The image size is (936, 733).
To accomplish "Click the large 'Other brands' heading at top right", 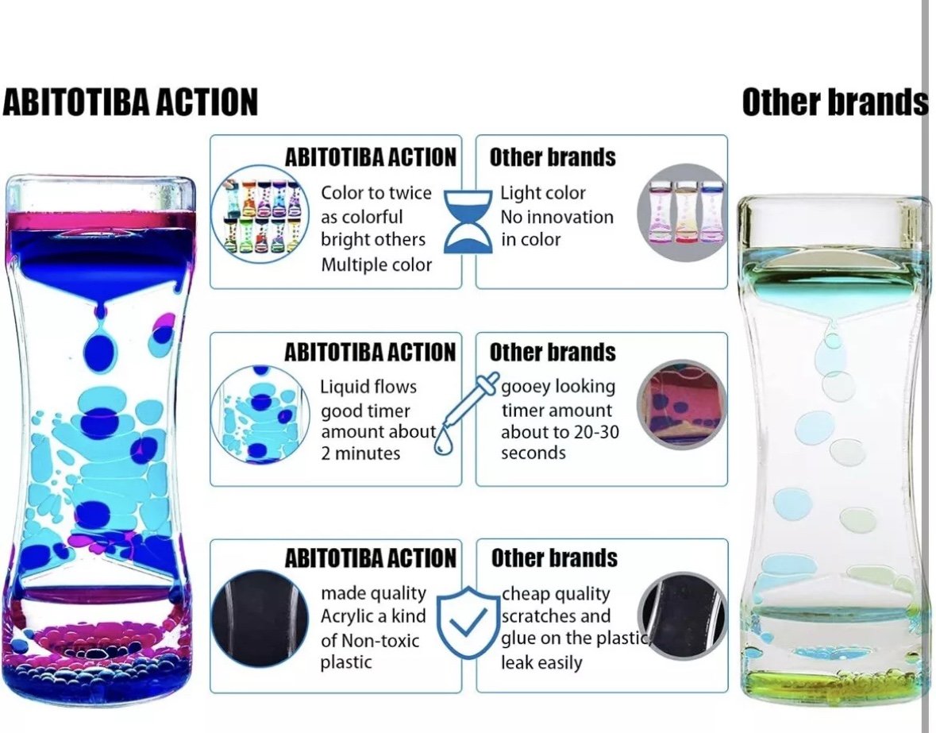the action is [835, 102].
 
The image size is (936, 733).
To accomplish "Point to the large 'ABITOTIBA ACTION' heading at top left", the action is [130, 102].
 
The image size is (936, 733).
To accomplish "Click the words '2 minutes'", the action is [360, 453].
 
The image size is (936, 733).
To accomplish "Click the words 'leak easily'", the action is [541, 662].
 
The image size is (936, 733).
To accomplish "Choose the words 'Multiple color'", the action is [376, 264].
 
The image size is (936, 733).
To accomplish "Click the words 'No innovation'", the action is [557, 217].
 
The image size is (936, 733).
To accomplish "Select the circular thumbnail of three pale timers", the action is [682, 212].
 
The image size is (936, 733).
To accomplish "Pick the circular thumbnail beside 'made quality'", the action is [260, 616].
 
